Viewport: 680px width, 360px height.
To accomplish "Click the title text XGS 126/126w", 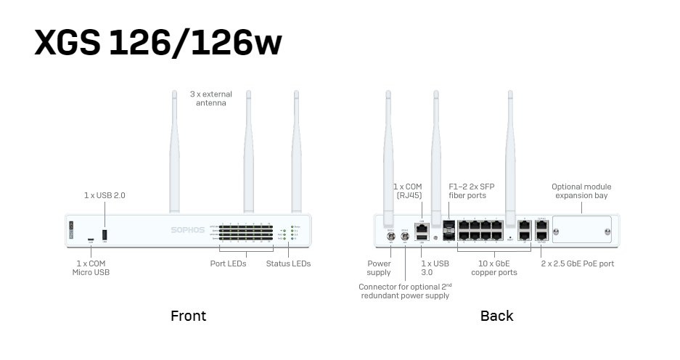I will [x=157, y=43].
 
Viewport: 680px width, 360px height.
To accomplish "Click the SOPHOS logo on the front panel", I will [x=187, y=229].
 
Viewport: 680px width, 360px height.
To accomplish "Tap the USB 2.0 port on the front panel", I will [x=104, y=235].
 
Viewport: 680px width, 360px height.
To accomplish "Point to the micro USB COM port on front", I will [x=91, y=239].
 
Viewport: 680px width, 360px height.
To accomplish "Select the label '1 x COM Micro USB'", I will [x=91, y=268].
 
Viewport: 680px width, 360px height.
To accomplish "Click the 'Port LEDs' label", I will [x=228, y=263].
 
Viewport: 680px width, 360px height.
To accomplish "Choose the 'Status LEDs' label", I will [x=288, y=263].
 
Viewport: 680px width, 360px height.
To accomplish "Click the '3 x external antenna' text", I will [x=211, y=99].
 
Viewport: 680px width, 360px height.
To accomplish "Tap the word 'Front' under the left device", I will [x=188, y=316].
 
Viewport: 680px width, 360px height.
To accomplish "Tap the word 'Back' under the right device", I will [x=496, y=316].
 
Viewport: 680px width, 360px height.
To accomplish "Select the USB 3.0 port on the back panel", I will [x=422, y=237].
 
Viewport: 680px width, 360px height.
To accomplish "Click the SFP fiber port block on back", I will [x=448, y=229].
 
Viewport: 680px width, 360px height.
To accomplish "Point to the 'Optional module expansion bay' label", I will [x=581, y=191].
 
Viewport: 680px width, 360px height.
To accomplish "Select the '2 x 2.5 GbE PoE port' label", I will [x=578, y=263].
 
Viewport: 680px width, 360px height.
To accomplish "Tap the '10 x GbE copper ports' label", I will [x=494, y=268].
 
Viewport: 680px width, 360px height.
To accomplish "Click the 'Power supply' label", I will [x=379, y=268].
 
